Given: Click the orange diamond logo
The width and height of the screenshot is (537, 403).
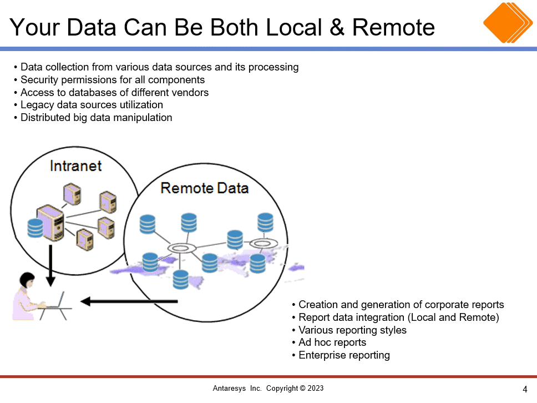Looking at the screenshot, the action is click(508, 23).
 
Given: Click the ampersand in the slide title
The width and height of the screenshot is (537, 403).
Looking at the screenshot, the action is click(337, 27).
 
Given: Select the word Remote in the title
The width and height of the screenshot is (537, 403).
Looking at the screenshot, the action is click(393, 27).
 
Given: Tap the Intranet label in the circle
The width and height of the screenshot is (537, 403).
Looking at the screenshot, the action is click(75, 166).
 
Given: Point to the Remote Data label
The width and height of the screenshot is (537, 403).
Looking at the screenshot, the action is click(205, 188).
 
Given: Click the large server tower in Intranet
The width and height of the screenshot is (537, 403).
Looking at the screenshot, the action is click(50, 223).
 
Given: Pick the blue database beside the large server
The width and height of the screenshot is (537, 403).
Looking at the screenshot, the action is click(35, 228).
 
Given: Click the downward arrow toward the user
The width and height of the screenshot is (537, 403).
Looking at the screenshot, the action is click(50, 265).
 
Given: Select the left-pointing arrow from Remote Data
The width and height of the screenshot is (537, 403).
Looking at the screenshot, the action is click(129, 301).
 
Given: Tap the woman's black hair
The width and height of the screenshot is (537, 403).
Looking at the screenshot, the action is click(27, 279).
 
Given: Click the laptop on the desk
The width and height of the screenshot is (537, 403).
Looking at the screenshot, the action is click(55, 300).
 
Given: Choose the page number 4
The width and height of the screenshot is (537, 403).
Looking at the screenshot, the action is click(525, 389).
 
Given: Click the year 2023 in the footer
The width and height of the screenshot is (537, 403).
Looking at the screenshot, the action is click(316, 388).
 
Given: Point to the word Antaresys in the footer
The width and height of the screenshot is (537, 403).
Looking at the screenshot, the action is click(229, 389).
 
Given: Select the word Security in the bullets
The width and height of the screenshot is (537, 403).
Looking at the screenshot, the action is click(39, 80).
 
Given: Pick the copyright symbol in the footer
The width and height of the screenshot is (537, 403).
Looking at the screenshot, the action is click(302, 388).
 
